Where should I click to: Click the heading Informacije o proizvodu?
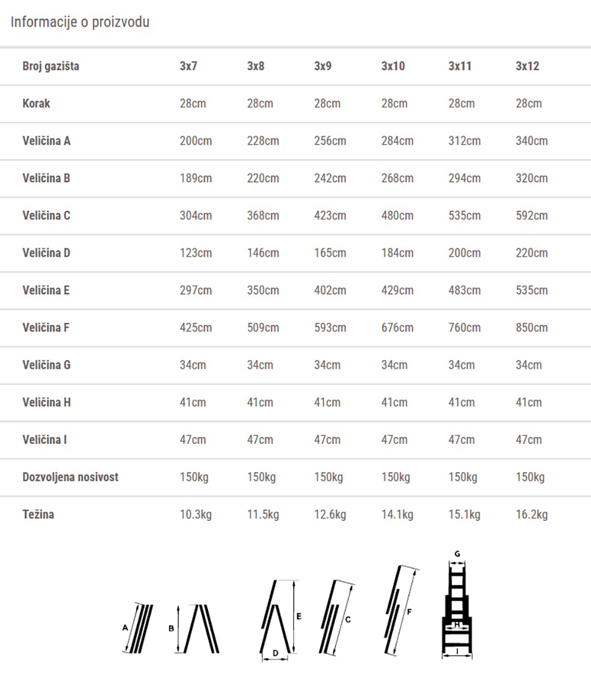tap(80, 22)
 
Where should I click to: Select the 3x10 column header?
tap(393, 66)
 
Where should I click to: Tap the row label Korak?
tap(36, 103)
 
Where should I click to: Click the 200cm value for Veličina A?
tap(196, 141)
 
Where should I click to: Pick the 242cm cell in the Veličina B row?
tap(330, 178)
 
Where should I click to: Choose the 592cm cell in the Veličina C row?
tap(531, 215)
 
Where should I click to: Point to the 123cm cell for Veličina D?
tap(196, 253)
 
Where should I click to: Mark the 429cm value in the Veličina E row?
tap(397, 290)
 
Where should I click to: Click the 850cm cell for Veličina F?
tap(531, 328)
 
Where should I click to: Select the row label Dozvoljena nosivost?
tap(70, 477)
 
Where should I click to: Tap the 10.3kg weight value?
tap(196, 515)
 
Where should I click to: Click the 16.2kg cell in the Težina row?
tap(531, 515)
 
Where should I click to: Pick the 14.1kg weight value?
tap(397, 515)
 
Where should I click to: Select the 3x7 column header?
tap(189, 66)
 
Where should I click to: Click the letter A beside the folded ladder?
tap(125, 629)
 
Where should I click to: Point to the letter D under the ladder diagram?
tap(275, 653)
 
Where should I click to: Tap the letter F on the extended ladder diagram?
tap(409, 612)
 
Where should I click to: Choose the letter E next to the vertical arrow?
tap(299, 616)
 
